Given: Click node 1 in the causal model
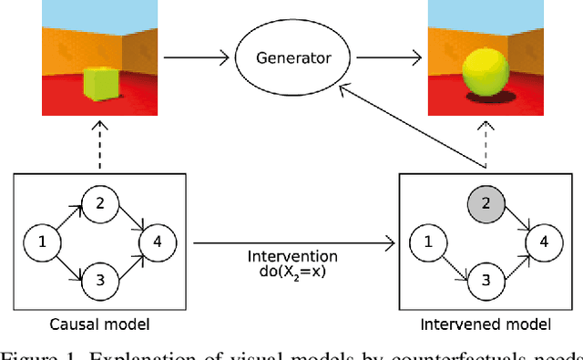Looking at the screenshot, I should (40, 242).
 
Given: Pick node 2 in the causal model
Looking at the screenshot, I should (99, 202).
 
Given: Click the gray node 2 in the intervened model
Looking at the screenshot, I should (485, 202).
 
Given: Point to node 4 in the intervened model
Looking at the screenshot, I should (543, 242).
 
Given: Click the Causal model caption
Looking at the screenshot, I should (98, 325).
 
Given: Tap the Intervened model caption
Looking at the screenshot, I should (486, 325).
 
